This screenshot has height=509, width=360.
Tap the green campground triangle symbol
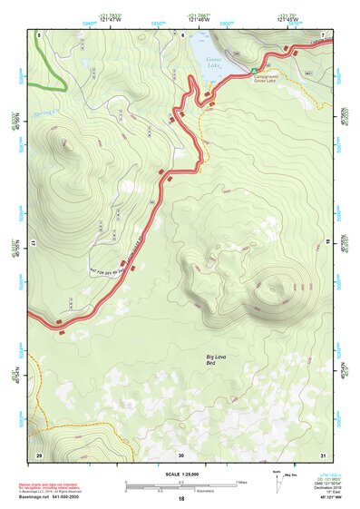255,70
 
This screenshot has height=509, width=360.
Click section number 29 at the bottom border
38,455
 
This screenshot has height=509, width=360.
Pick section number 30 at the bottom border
181,455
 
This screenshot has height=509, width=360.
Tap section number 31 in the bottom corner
323,455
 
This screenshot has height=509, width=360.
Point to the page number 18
181,500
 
